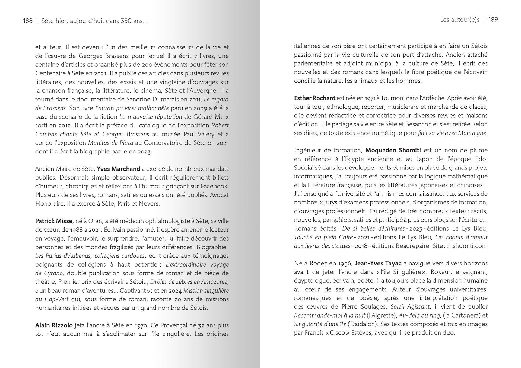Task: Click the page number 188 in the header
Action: coord(28,21)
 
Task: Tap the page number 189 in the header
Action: coord(493,20)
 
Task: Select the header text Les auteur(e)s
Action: coord(460,20)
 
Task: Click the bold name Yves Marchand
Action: coord(118,169)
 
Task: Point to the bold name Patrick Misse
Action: coord(54,221)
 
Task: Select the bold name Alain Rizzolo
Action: coord(54,325)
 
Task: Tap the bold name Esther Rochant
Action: coord(315,98)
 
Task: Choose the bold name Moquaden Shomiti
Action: coord(393,150)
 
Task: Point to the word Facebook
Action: coord(214,186)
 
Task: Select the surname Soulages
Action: coord(373,307)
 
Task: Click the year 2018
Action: coord(361,246)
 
